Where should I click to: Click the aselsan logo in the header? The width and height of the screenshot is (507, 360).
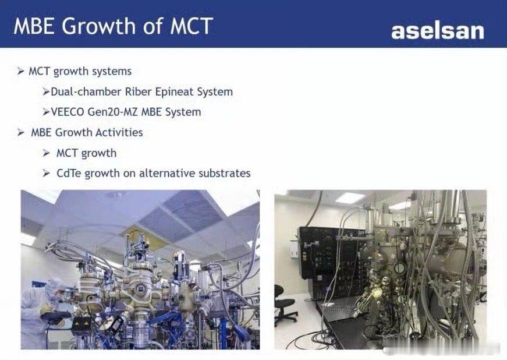click(438, 31)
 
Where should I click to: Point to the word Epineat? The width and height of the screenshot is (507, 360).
click(174, 92)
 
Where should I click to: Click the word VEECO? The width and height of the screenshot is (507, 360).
click(68, 112)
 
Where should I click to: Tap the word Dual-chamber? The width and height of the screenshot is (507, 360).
click(86, 91)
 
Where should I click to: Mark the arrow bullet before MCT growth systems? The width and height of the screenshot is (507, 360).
click(21, 71)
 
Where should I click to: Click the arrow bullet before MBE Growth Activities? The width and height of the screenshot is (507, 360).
click(21, 133)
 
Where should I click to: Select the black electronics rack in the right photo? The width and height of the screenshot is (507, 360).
click(333, 262)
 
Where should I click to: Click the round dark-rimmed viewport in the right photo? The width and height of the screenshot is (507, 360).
click(400, 268)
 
